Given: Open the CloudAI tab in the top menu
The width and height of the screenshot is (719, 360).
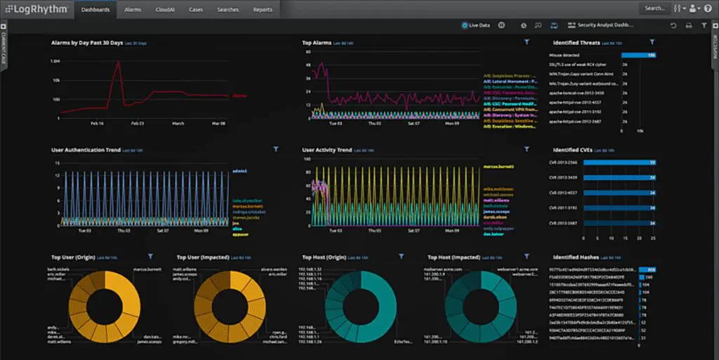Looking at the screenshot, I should (165, 10).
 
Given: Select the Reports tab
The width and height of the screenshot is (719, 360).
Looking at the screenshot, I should (263, 10).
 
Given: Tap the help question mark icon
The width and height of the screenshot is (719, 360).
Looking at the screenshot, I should (708, 8).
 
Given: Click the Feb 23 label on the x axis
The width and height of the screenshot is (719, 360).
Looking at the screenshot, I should (138, 123).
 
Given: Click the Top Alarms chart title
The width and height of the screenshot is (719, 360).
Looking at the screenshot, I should (317, 43).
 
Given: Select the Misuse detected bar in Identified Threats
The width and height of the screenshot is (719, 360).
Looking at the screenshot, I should (638, 55).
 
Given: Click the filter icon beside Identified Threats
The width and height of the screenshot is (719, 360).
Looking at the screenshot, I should (652, 43).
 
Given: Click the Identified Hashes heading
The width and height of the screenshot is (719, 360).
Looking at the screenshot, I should (576, 257).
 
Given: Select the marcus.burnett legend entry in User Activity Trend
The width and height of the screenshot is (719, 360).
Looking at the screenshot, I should (499, 166).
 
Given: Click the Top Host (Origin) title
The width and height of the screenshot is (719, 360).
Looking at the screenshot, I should (326, 257).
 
